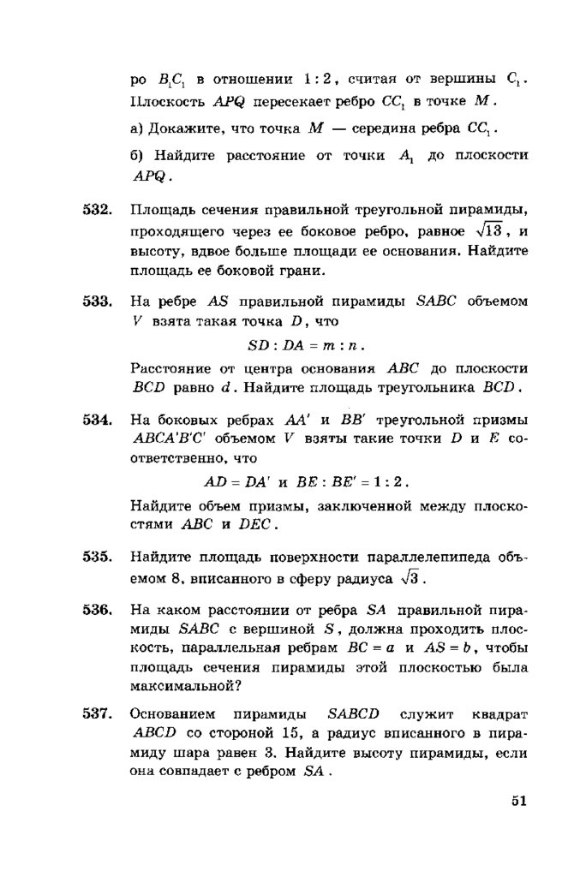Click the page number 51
517,802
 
